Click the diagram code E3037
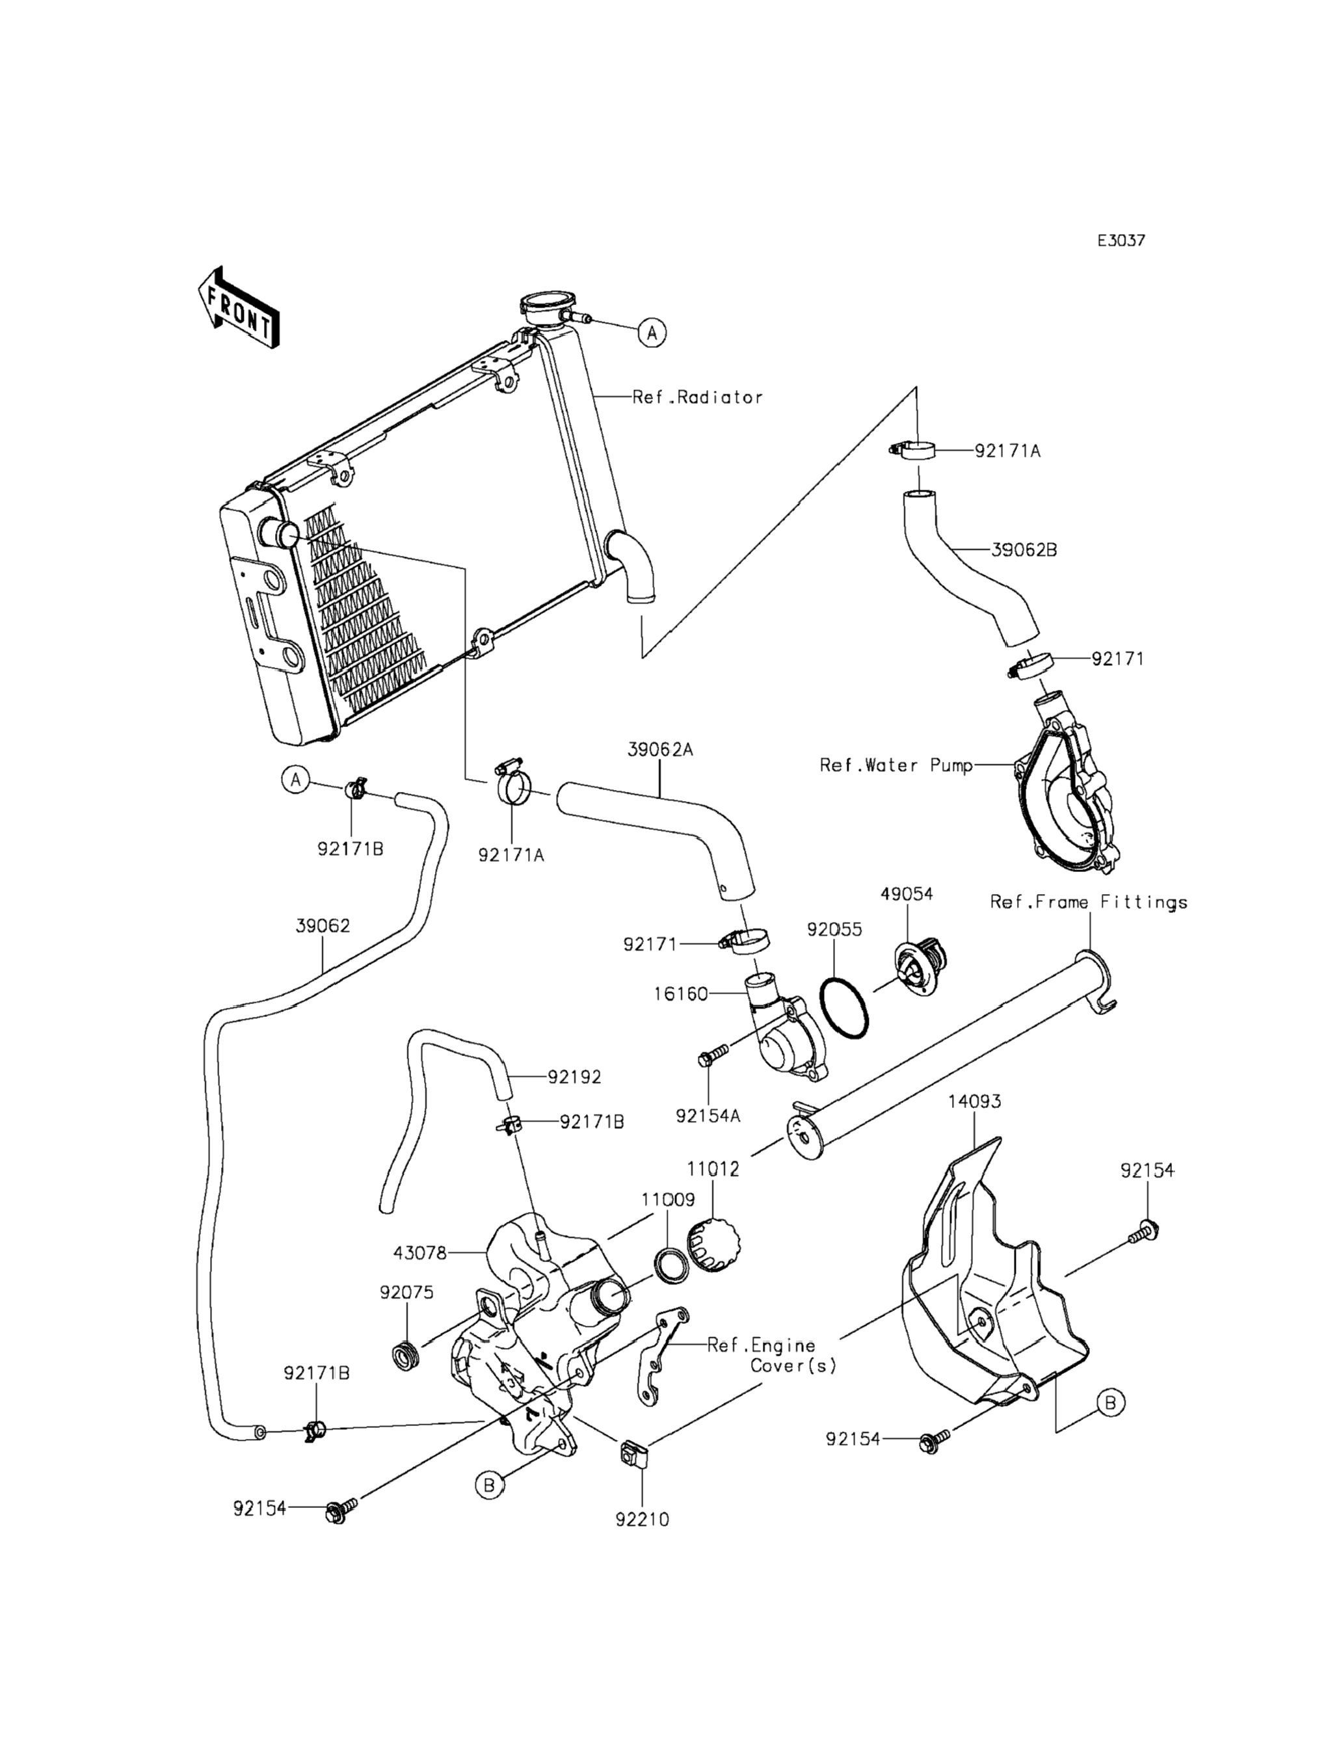(x=1121, y=240)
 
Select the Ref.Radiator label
(x=698, y=397)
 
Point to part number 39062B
(x=1024, y=550)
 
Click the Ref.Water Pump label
(x=896, y=765)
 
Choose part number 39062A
(x=660, y=750)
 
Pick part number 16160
(x=682, y=994)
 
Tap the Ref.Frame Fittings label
(x=1089, y=902)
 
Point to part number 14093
(x=975, y=1101)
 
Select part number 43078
(x=420, y=1252)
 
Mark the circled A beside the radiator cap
(x=653, y=332)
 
